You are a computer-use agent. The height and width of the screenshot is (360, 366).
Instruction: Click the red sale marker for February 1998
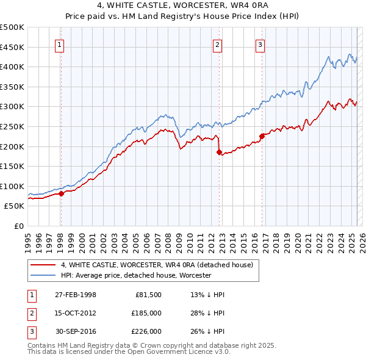point(61,193)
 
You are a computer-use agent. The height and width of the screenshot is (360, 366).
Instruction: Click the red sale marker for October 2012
point(218,153)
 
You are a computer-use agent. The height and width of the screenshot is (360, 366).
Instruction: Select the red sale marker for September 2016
point(261,136)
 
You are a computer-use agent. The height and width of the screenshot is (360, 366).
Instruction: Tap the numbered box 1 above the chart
point(60,44)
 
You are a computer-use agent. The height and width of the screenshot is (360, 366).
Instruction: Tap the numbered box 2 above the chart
point(218,44)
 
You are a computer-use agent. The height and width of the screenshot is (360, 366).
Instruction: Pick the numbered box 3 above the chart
point(260,44)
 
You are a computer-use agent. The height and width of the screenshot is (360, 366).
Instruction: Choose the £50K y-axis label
point(15,206)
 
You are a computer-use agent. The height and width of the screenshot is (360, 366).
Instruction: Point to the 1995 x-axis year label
point(28,238)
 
